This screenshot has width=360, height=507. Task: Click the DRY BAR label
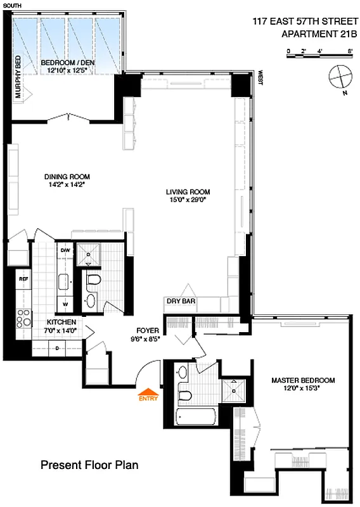click(181, 302)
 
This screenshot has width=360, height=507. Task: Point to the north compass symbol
click(340, 77)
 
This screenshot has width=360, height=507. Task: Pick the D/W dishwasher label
click(65, 250)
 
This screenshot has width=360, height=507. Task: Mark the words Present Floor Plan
click(89, 465)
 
